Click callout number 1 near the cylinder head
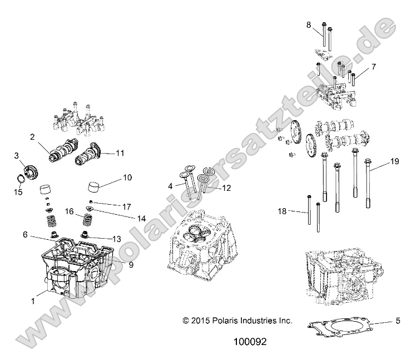click(33, 300)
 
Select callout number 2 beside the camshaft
click(33, 137)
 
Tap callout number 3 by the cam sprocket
click(17, 156)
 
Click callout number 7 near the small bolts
click(373, 67)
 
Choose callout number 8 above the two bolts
click(309, 24)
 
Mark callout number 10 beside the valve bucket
click(127, 177)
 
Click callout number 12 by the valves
click(226, 188)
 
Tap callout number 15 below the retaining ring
click(18, 192)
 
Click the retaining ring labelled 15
click(18, 179)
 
